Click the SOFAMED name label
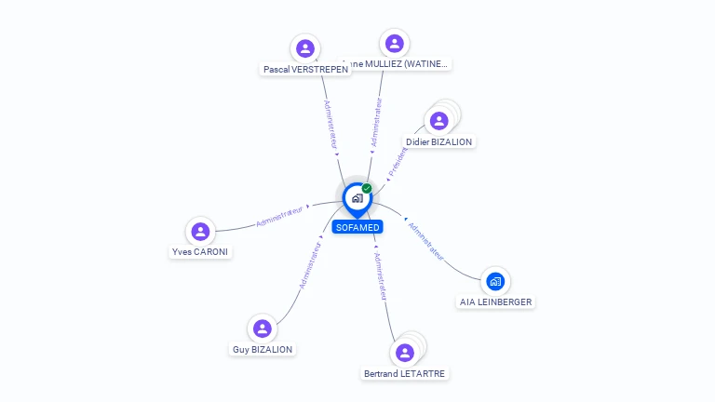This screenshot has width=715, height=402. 357,227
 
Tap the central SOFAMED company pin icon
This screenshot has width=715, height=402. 357,197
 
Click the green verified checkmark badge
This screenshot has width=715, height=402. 367,189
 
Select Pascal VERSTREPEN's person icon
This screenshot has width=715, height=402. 304,48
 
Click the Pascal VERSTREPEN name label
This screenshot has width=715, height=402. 305,69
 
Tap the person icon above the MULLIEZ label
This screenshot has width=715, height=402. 394,43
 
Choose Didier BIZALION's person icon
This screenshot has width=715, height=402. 438,120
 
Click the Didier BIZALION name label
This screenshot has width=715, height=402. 439,141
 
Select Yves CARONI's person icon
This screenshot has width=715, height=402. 199,231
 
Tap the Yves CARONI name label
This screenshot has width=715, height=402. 200,252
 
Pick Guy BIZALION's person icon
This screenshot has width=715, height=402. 262,328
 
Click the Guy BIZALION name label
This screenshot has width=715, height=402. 262,350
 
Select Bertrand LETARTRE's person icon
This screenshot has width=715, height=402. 404,353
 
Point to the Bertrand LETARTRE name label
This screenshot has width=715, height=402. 404,374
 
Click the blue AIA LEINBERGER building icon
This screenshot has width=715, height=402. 495,280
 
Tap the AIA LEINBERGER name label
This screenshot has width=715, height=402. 496,301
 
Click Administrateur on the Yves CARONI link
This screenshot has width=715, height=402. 279,217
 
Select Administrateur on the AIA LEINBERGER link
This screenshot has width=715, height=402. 425,239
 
